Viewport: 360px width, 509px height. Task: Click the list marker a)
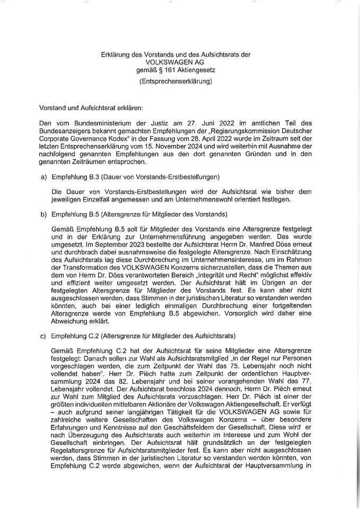pyautogui.click(x=37, y=176)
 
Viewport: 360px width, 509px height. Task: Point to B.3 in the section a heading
pyautogui.click(x=91, y=176)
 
